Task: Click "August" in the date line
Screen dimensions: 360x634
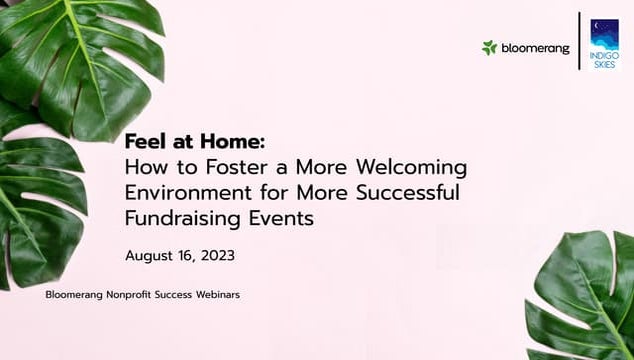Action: coord(152,256)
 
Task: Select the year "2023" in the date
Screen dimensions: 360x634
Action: coord(217,256)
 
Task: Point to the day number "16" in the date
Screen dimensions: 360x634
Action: coord(187,256)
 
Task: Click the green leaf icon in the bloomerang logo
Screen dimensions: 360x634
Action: coord(489,47)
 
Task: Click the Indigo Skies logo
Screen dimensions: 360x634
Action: coord(604,42)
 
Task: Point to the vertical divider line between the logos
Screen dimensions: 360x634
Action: coord(579,42)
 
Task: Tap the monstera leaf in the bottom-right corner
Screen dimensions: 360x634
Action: coord(586,300)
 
